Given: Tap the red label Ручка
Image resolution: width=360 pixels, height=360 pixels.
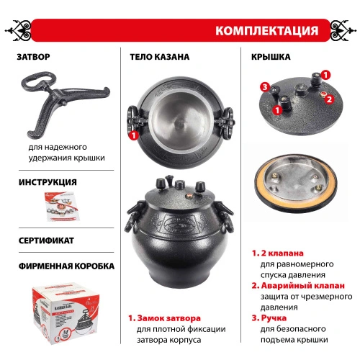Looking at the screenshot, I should [x=275, y=318].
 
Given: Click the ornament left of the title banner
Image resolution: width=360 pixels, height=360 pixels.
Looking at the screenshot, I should [x=22, y=31].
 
